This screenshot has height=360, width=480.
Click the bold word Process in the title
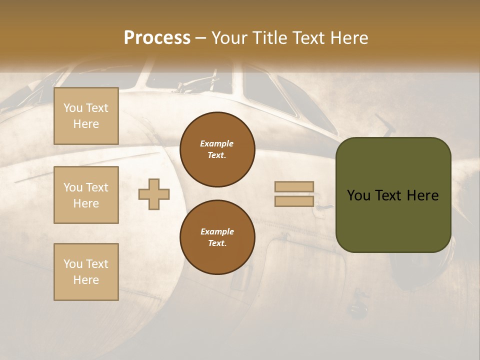click(157, 38)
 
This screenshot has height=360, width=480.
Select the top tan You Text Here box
click(86, 116)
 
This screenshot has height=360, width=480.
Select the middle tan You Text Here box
click(86, 195)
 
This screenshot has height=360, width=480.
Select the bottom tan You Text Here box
click(86, 272)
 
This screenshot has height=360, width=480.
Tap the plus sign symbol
click(154, 194)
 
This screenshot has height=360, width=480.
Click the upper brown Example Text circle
click(217, 149)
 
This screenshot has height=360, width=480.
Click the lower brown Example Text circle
click(217, 237)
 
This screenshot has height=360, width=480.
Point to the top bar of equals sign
click(294, 186)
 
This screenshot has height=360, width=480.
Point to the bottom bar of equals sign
click(294, 201)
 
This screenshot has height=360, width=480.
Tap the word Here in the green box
click(422, 195)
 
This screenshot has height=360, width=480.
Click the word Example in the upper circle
click(217, 143)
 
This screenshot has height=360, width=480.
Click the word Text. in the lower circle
click(217, 243)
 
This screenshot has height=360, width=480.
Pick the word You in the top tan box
click(73, 108)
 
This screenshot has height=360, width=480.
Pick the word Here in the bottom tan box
click(86, 280)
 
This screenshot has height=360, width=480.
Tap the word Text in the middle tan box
click(97, 187)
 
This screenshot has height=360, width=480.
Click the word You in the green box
click(358, 195)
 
